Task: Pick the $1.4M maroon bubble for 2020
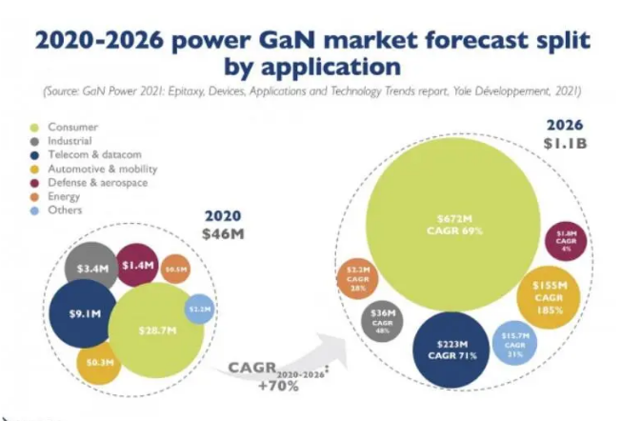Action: coord(137,266)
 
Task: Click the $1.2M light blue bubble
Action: coord(197,309)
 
